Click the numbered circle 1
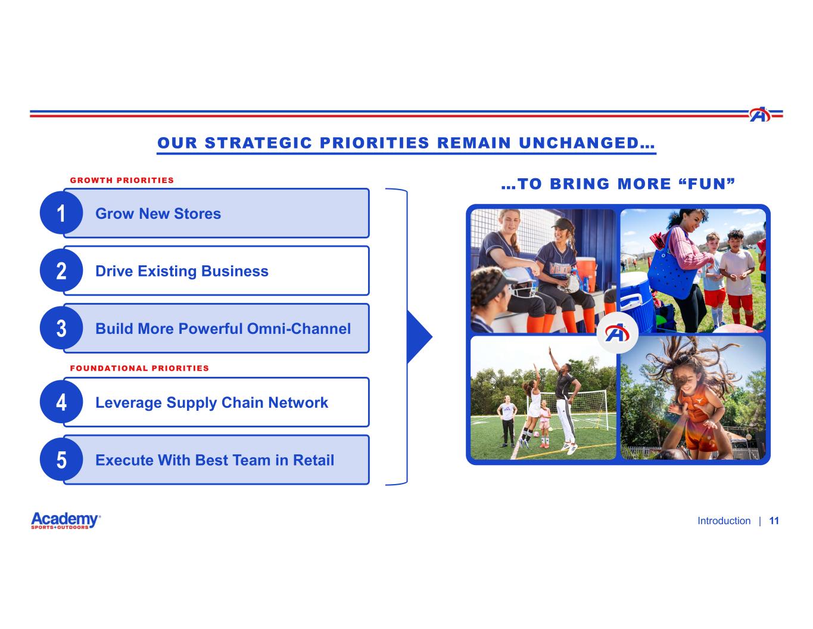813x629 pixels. coord(61,213)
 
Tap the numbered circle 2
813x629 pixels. coord(61,270)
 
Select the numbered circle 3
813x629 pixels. coord(61,328)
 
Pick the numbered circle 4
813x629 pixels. coord(61,402)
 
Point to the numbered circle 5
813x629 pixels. coord(61,460)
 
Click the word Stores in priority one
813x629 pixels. coord(198,214)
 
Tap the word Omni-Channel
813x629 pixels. coord(299,329)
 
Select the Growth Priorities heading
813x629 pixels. coord(122,181)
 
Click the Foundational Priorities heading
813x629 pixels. coord(139,368)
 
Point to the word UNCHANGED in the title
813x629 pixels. coord(587,143)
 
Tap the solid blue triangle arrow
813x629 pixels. coord(420,337)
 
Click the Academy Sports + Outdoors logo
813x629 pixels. coord(66,520)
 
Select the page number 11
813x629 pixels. coord(774,521)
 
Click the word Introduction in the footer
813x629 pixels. coord(724,521)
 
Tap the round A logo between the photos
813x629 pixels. coord(617,333)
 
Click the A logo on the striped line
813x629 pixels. coord(759,114)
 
